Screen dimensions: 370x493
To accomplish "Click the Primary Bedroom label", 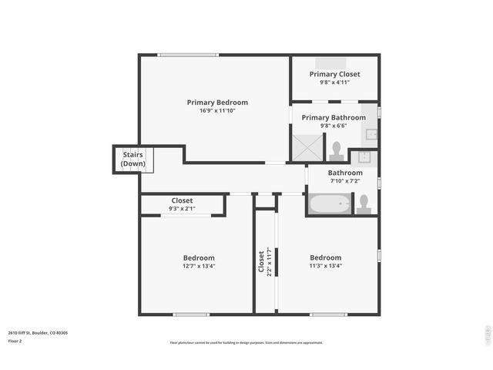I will tap(217, 102).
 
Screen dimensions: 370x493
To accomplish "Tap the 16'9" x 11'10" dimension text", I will tap(217, 110).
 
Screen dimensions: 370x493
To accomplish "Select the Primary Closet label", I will tap(334, 74).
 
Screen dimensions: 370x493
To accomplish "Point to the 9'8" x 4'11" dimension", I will tap(334, 82).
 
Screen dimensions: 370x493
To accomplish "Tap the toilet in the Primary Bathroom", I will tap(336, 149).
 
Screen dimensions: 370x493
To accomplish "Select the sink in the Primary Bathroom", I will tap(371, 134).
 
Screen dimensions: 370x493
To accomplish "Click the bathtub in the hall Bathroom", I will tap(330, 204).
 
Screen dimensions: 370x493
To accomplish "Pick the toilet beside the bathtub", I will tap(364, 203).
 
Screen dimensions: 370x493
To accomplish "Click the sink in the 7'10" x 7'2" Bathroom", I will tap(365, 157).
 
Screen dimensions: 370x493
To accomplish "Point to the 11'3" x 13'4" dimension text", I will tap(325, 266).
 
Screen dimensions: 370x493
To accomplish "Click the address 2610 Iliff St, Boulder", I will tap(38, 332).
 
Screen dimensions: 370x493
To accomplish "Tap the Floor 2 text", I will tap(15, 341).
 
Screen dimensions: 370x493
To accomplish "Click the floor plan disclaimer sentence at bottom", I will tap(246, 342).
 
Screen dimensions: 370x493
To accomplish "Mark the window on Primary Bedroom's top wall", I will tap(183, 55).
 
